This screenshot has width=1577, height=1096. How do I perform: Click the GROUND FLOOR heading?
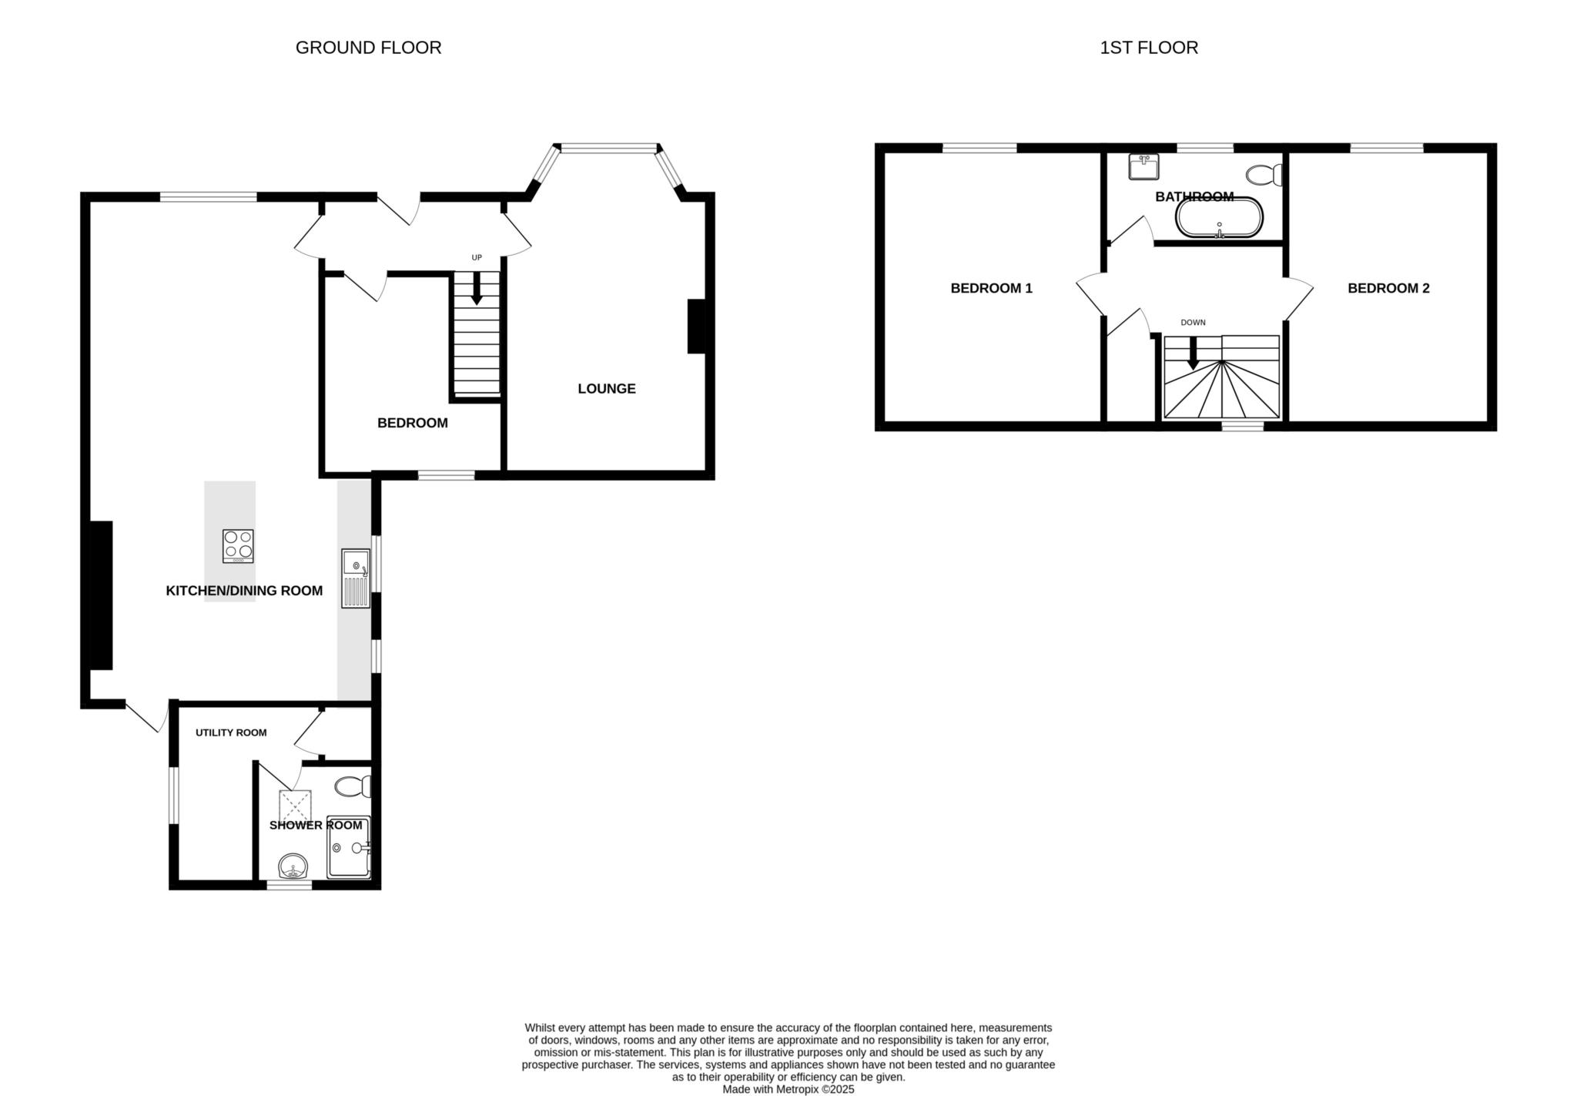coord(368,48)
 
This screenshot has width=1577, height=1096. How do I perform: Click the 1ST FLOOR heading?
coord(1148,48)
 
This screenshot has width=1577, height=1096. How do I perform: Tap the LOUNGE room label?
coord(606,389)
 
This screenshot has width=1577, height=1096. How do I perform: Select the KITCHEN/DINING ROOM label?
coord(244,591)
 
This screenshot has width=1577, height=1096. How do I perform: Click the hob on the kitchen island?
coord(238,546)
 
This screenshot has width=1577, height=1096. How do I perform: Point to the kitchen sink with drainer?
coord(356,578)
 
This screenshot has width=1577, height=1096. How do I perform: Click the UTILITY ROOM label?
coord(231,732)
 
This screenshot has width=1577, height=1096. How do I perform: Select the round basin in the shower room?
coord(293,866)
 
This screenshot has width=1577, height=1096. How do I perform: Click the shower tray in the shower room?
coord(349,847)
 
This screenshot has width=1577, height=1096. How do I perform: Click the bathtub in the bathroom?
coord(1219,218)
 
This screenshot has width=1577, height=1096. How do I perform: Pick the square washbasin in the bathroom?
coord(1143,166)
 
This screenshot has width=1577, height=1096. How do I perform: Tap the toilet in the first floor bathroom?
coord(1264,175)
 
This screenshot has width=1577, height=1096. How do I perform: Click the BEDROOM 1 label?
coord(991,288)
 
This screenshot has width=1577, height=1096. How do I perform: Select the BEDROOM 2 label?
coord(1388,288)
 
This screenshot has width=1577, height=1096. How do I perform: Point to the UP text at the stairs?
coord(477,257)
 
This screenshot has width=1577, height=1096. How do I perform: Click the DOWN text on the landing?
coord(1193,322)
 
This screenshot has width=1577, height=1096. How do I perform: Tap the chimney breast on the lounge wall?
coord(696,326)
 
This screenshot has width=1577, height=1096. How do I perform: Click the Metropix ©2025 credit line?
coord(788,1090)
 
